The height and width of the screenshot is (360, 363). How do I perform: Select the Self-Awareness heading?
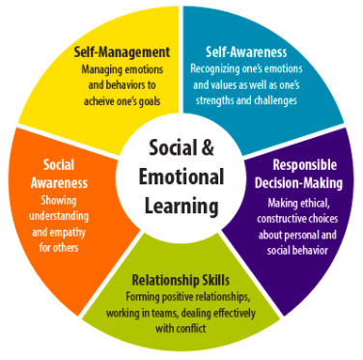(246, 52)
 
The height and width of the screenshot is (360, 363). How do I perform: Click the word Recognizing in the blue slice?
(218, 69)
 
